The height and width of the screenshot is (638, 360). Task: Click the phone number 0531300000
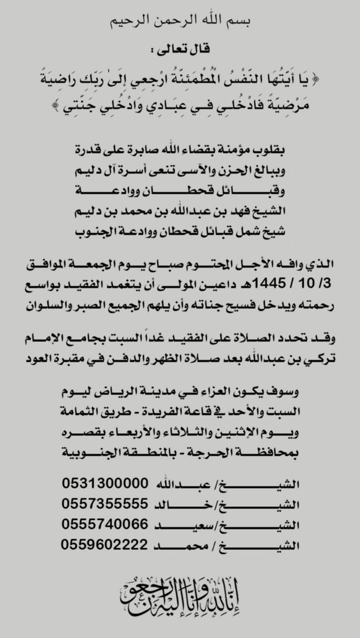pyautogui.click(x=105, y=483)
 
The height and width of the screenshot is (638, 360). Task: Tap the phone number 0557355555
pyautogui.click(x=105, y=504)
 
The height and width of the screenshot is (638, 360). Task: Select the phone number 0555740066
pyautogui.click(x=105, y=524)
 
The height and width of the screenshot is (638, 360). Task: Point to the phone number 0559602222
pyautogui.click(x=104, y=545)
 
